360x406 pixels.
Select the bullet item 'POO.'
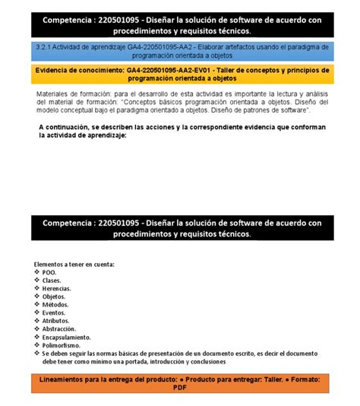[x=49, y=272]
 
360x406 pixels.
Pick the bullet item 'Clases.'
[x=52, y=281]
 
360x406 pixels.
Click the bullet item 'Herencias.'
[x=57, y=289]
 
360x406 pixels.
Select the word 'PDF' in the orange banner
[x=179, y=387]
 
